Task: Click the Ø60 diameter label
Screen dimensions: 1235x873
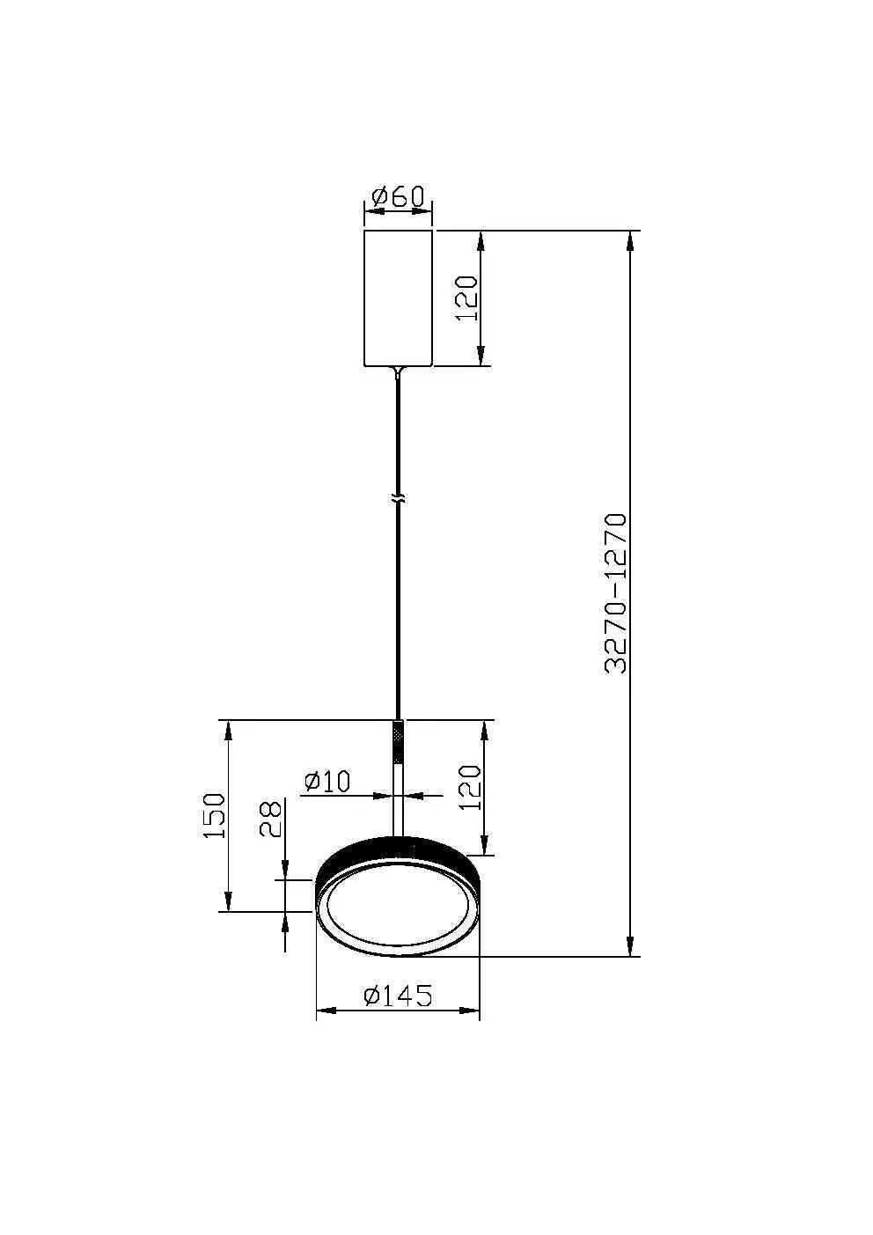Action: tap(398, 196)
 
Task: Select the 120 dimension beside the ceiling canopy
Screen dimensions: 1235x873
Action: tap(466, 298)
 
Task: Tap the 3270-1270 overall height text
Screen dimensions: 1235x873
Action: tap(617, 593)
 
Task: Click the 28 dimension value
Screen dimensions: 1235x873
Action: tap(271, 819)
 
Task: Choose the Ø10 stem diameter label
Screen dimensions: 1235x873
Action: tap(327, 781)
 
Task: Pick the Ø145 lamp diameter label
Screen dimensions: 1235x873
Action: tap(398, 996)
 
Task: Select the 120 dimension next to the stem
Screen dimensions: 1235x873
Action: tap(470, 787)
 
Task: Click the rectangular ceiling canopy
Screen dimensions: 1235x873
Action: tap(398, 298)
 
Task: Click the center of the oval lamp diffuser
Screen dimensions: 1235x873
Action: tap(398, 907)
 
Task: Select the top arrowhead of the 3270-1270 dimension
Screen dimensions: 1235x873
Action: tap(631, 241)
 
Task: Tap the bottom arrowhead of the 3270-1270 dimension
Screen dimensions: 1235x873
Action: tap(631, 945)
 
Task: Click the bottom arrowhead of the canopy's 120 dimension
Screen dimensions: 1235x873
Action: tap(481, 356)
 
